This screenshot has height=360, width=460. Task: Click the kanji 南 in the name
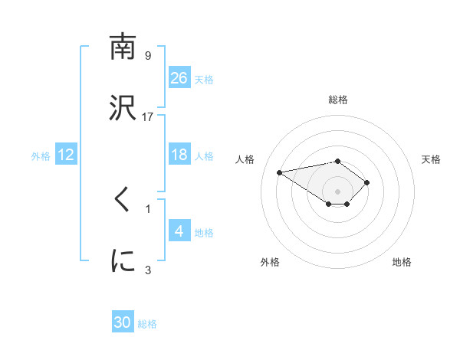(123, 48)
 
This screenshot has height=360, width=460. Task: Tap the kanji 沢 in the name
(123, 108)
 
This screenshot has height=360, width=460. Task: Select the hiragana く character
(123, 201)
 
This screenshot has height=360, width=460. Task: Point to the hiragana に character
(123, 261)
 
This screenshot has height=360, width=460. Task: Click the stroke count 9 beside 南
(148, 56)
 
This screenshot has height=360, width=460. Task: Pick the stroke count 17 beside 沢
(148, 116)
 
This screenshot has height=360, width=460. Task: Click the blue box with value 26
(179, 78)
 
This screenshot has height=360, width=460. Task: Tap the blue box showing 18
(179, 155)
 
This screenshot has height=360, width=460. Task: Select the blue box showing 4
(179, 231)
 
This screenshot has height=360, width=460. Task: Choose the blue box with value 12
(66, 155)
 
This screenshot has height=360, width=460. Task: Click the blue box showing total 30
(123, 322)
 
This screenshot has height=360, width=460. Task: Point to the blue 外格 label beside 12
(41, 155)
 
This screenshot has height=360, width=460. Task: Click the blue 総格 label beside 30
(147, 323)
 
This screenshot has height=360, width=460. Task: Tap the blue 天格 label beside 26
(204, 79)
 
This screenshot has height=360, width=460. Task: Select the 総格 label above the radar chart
(338, 100)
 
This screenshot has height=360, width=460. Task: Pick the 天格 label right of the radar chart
(431, 159)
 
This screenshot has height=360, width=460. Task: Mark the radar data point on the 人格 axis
(280, 172)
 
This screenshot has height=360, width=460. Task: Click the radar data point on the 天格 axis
(367, 182)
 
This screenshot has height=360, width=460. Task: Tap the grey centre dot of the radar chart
(338, 191)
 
